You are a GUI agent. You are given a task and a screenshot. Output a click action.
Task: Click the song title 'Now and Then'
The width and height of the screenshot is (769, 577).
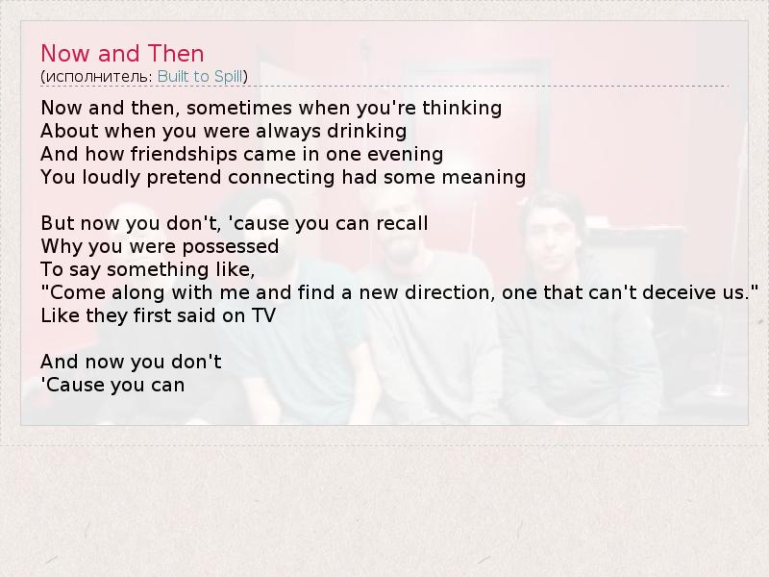click(122, 54)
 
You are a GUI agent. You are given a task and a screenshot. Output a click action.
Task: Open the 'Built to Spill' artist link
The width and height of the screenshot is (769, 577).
click(200, 77)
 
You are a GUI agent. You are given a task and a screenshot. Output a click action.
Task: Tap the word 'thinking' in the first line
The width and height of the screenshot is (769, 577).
click(462, 109)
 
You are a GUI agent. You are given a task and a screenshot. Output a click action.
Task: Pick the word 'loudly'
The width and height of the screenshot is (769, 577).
click(112, 178)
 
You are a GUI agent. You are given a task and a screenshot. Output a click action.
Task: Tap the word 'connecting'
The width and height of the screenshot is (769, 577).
click(282, 178)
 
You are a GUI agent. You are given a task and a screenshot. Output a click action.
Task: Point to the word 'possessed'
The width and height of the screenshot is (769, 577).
click(231, 247)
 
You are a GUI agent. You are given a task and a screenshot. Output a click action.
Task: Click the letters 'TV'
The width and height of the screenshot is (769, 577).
click(263, 315)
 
